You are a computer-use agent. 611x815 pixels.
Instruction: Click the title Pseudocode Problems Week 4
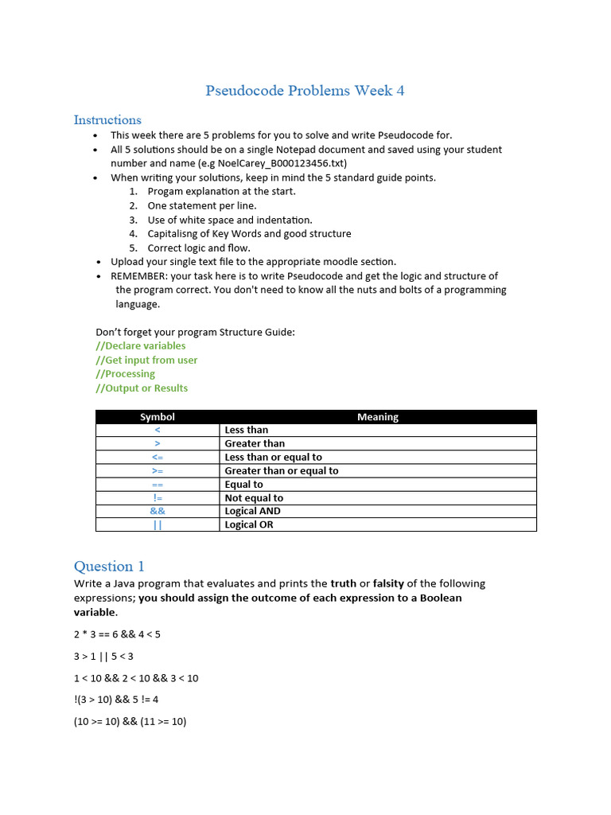point(305,91)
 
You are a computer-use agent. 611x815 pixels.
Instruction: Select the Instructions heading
point(107,120)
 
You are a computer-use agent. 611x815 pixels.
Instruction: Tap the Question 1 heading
point(109,567)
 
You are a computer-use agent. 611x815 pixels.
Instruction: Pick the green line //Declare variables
point(140,346)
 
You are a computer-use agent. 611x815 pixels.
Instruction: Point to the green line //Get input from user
point(146,361)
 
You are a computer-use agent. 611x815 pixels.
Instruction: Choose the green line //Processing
point(125,374)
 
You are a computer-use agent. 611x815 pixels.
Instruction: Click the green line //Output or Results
point(142,388)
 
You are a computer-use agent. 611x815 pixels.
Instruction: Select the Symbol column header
point(158,417)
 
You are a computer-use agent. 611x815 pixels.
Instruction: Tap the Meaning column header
point(378,417)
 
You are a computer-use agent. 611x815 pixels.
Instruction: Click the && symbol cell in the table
point(158,511)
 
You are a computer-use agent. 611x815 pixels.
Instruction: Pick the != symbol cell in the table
point(158,498)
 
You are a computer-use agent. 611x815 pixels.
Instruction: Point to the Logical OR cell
point(249,525)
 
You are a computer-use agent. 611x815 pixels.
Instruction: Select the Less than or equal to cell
point(274,458)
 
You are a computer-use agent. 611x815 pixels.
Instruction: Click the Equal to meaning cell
point(244,485)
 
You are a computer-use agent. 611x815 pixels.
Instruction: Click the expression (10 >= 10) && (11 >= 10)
point(130,722)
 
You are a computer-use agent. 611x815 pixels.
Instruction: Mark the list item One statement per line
point(202,205)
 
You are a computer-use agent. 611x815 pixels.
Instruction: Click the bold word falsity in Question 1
point(388,583)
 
